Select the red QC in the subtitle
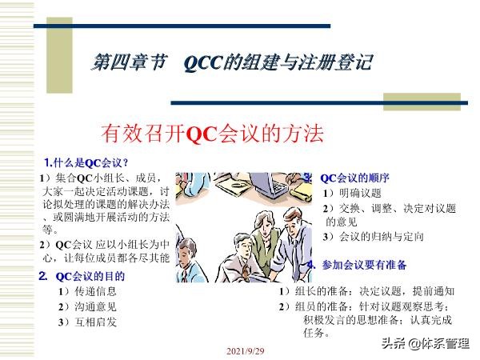tap(200, 134)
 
